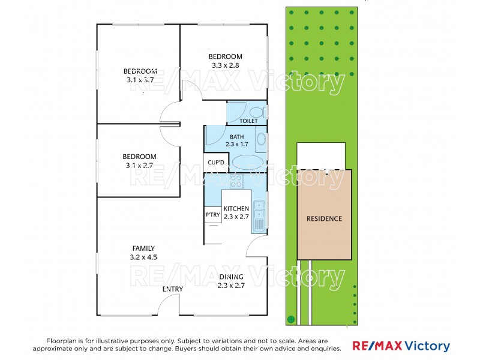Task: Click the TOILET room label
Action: coord(248,121)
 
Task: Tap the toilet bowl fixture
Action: coord(257,112)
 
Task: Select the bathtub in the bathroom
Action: coord(247,163)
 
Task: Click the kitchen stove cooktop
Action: coord(236,181)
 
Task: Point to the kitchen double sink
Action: coord(259,211)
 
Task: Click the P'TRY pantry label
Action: coord(212,214)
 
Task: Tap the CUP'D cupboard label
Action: coord(215,163)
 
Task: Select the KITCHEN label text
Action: coord(236,208)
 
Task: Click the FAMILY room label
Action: coord(143,248)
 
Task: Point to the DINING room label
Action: coord(231,277)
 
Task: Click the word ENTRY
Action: coord(173,289)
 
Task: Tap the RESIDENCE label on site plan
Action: coord(324,218)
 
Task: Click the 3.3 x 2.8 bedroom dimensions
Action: coord(226,65)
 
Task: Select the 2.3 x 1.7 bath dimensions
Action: coord(236,144)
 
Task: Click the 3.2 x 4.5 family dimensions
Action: coord(143,257)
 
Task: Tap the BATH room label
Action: coord(236,136)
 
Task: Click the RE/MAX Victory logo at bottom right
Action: coord(401,346)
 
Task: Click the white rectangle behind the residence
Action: coord(321,155)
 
